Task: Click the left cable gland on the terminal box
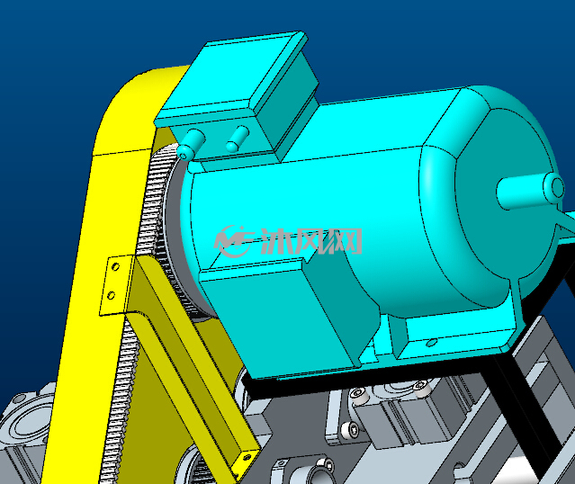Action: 191,145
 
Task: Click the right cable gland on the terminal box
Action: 238,139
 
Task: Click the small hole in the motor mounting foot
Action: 431,343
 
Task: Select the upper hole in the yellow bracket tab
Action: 115,266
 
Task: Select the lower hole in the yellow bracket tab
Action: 111,295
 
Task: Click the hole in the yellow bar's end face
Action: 247,457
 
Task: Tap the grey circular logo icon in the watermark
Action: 232,241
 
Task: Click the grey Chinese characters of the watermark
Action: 311,241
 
